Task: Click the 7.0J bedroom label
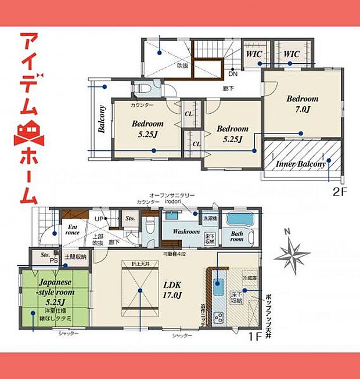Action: [x=303, y=104]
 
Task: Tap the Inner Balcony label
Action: [x=301, y=164]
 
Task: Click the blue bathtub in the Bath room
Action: [x=238, y=221]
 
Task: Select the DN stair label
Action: [x=232, y=74]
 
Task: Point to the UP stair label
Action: [x=100, y=219]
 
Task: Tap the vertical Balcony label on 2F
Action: [x=102, y=119]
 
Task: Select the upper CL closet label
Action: [x=189, y=114]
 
